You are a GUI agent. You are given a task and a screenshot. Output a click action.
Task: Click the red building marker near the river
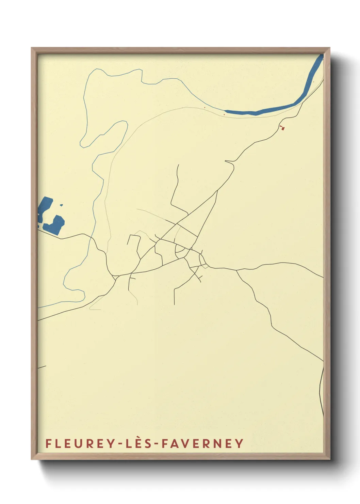[282, 128]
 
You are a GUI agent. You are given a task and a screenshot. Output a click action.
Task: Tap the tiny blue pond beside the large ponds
[61, 205]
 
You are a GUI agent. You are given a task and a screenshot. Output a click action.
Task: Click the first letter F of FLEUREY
[48, 443]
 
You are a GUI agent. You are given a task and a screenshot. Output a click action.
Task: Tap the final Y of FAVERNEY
[240, 443]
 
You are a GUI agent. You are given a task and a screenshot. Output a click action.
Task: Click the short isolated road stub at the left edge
[42, 367]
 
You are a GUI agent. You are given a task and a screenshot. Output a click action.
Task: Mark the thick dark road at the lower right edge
[322, 392]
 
